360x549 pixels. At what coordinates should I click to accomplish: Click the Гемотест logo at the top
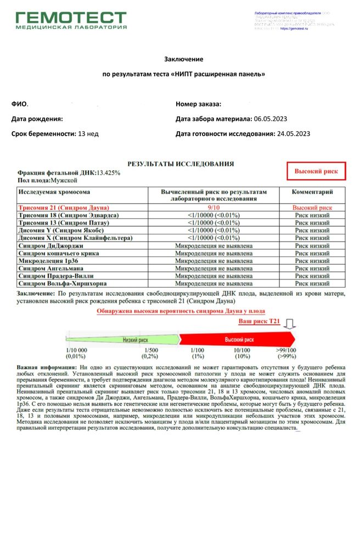point(71,21)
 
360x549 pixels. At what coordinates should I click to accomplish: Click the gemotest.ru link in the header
point(294,28)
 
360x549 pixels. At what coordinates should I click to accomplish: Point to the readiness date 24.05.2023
point(293,133)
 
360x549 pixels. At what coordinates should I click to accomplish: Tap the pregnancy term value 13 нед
point(88,133)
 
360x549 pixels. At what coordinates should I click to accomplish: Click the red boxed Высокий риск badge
point(317,172)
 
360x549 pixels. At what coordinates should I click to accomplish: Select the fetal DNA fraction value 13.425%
point(108,173)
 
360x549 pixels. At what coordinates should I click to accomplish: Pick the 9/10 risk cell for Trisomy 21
point(213,208)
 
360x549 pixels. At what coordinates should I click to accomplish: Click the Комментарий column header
point(312,193)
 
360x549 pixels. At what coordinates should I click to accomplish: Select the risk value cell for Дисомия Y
point(213,231)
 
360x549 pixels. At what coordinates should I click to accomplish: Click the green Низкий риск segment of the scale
point(129,340)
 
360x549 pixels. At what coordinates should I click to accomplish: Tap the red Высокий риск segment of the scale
point(239,340)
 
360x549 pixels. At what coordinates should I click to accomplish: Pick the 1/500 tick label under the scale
point(150,351)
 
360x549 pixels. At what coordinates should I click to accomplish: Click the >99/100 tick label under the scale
point(286,351)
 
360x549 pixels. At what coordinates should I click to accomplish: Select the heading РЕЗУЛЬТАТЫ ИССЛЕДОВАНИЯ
point(181,164)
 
